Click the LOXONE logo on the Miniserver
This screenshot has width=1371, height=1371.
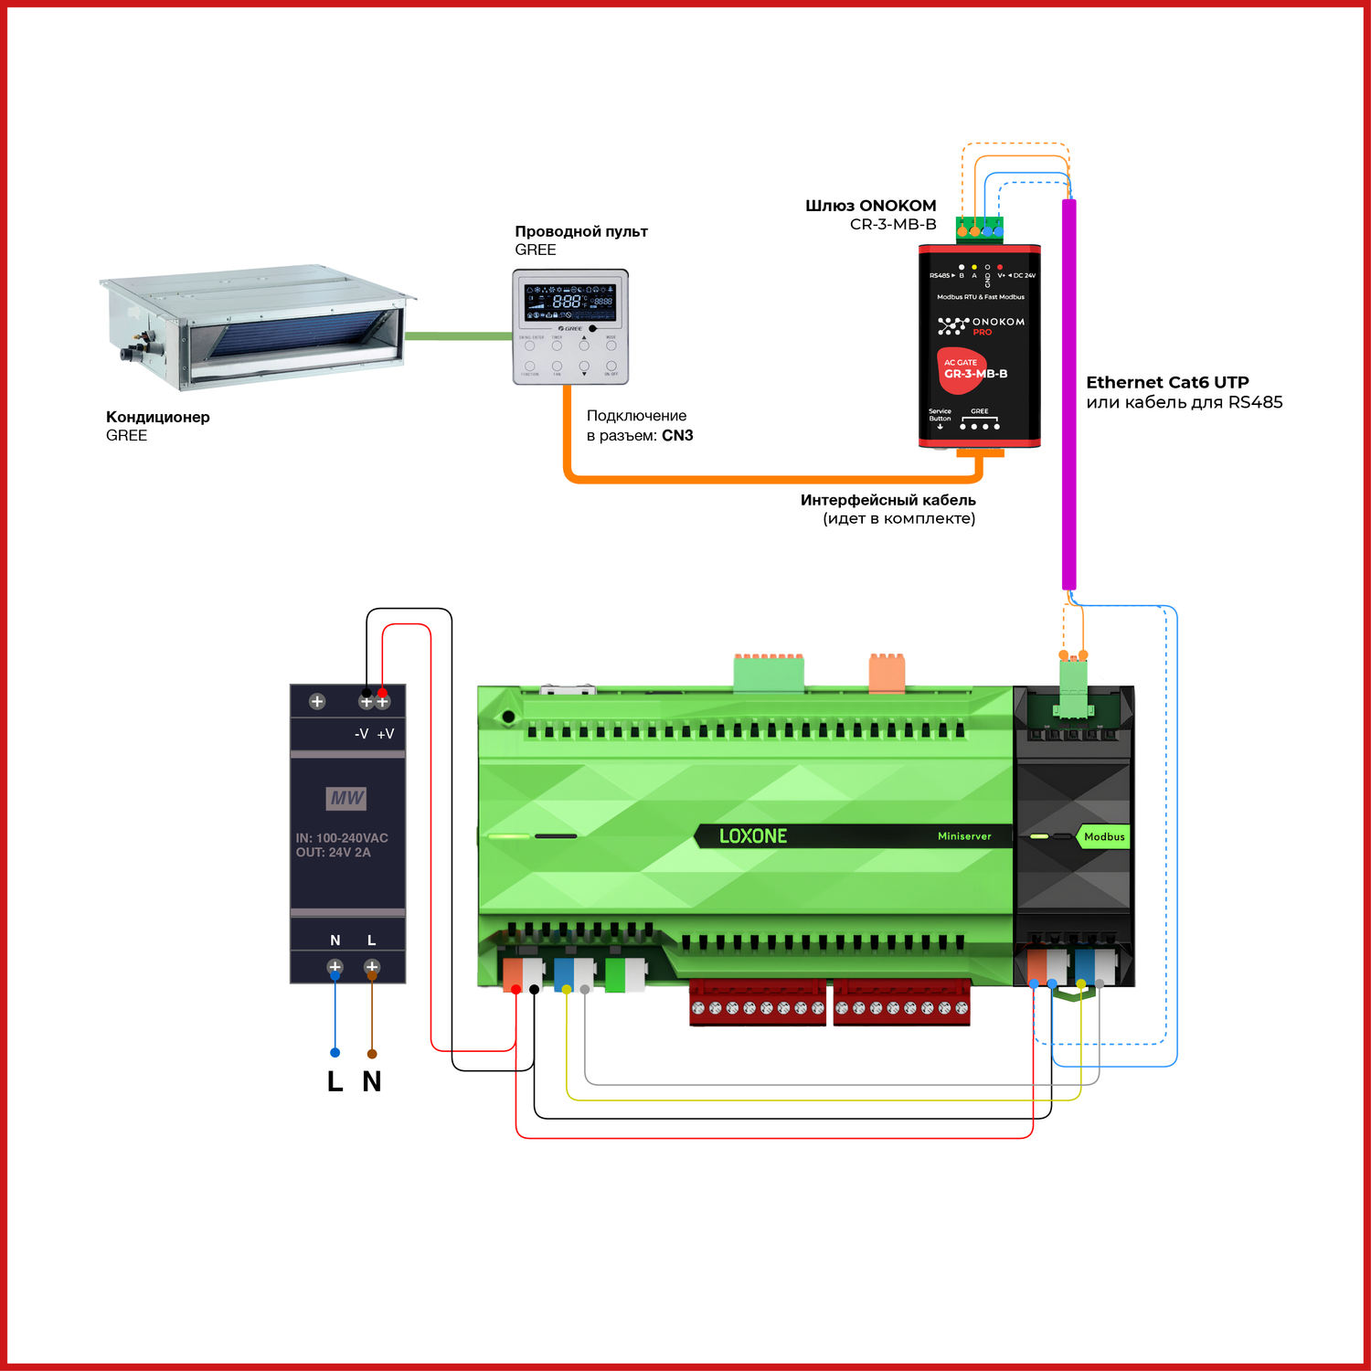[x=752, y=836]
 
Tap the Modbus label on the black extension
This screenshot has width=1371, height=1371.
[x=1103, y=836]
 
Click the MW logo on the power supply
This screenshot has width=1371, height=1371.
[x=346, y=798]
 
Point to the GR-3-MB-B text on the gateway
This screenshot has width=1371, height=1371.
[x=975, y=374]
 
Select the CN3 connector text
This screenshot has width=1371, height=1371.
[x=677, y=436]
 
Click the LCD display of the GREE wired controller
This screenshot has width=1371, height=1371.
[x=569, y=301]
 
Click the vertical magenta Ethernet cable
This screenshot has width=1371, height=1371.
[x=1068, y=393]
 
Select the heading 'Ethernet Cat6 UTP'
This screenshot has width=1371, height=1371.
[x=1167, y=382]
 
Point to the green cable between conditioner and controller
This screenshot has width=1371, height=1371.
[x=457, y=335]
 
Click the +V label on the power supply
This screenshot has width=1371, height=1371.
[x=386, y=734]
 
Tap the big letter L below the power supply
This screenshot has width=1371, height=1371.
[x=335, y=1081]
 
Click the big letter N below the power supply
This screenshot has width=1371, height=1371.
[x=371, y=1081]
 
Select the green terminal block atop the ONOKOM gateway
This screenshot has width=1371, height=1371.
[x=979, y=228]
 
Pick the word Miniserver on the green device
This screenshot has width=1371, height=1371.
[x=963, y=836]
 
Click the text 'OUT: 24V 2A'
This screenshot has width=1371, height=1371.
[x=333, y=853]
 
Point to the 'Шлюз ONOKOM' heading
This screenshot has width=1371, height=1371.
[x=870, y=206]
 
